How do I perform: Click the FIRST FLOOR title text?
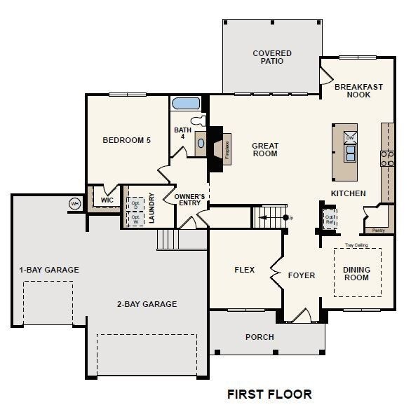pos(269,394)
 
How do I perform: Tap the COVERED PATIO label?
pos(272,57)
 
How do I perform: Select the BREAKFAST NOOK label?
pos(358,90)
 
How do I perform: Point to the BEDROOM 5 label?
pos(126,140)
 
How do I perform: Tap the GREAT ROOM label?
pos(265,150)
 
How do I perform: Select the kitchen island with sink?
pos(345,152)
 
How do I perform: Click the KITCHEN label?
pos(348,193)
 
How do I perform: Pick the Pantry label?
pos(379,230)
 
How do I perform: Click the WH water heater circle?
pos(74,203)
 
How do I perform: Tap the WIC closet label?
pos(107,200)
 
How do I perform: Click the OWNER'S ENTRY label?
pos(189,200)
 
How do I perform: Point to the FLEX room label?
pos(244,270)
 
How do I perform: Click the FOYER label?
pos(302,275)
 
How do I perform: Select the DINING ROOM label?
pos(356,273)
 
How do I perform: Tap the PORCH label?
pos(260,337)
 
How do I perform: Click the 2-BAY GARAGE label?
pos(147,304)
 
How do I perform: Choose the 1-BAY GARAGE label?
pos(48,270)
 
